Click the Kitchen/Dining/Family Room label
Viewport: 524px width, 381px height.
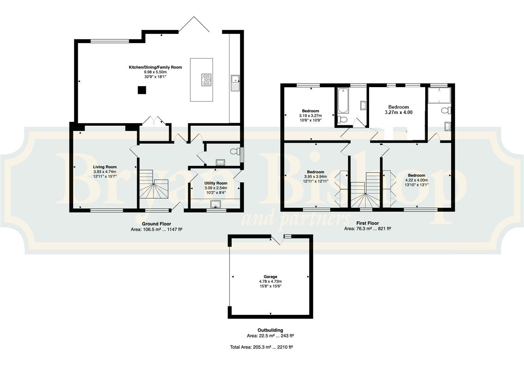click(x=155, y=67)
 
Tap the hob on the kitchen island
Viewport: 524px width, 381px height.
click(x=206, y=80)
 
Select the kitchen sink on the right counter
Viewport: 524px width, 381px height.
click(x=235, y=83)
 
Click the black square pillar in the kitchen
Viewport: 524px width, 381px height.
click(x=142, y=90)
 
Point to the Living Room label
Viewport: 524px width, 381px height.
click(x=104, y=167)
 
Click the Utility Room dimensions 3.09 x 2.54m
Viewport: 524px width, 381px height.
click(x=216, y=188)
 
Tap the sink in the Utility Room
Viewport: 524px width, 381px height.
click(x=216, y=204)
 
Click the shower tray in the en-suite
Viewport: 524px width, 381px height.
click(x=439, y=95)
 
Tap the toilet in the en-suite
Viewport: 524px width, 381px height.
click(x=446, y=110)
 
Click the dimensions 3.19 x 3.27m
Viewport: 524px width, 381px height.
click(x=311, y=116)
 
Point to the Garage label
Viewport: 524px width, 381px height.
click(x=270, y=277)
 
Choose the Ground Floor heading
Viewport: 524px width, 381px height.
click(x=157, y=224)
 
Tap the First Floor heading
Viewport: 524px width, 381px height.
click(x=367, y=223)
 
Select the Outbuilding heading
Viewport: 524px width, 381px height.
click(x=270, y=330)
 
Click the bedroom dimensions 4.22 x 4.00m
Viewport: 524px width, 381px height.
click(x=416, y=180)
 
